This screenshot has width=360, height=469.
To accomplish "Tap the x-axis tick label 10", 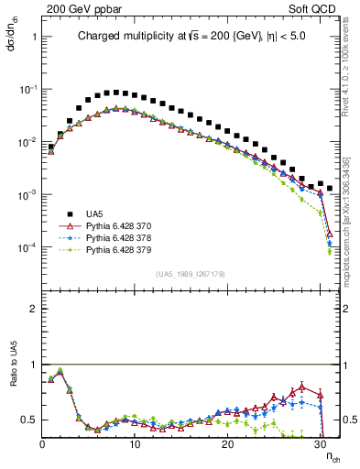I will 135,444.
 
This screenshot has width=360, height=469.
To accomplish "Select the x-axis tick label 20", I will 228,444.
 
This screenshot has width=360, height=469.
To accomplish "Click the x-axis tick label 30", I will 321,444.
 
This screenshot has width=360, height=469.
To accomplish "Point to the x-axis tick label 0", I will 42,444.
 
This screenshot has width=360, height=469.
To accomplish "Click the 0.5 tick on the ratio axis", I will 30,420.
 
